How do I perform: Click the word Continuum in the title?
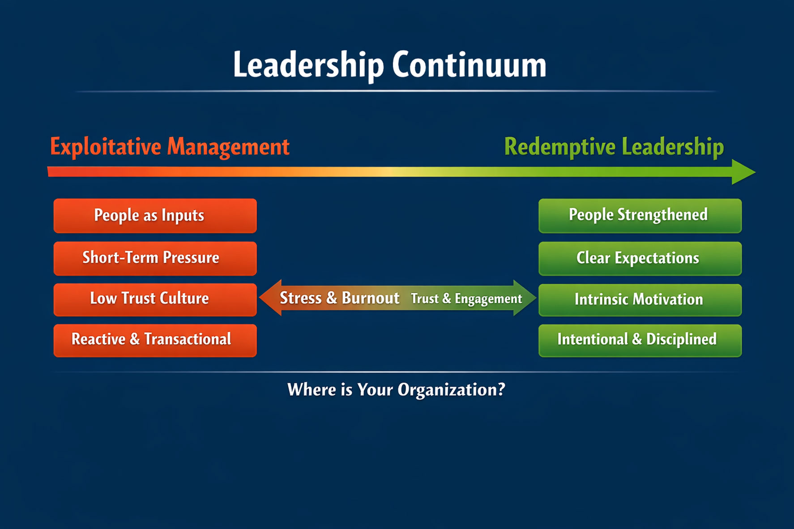[469, 65]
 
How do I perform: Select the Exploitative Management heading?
[170, 147]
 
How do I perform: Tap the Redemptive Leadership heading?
[614, 147]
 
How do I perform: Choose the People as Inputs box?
[155, 216]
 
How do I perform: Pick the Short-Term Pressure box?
[155, 258]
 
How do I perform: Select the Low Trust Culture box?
[155, 299]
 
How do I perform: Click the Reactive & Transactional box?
[155, 340]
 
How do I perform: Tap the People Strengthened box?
[640, 216]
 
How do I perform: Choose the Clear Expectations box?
[640, 258]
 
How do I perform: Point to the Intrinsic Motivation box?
[640, 300]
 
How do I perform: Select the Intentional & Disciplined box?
[640, 340]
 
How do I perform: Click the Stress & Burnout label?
[339, 298]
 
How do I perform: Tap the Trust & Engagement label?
[466, 299]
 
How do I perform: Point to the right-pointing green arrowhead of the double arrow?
[525, 298]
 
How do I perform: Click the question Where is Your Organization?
[396, 390]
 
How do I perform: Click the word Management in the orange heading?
[228, 147]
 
